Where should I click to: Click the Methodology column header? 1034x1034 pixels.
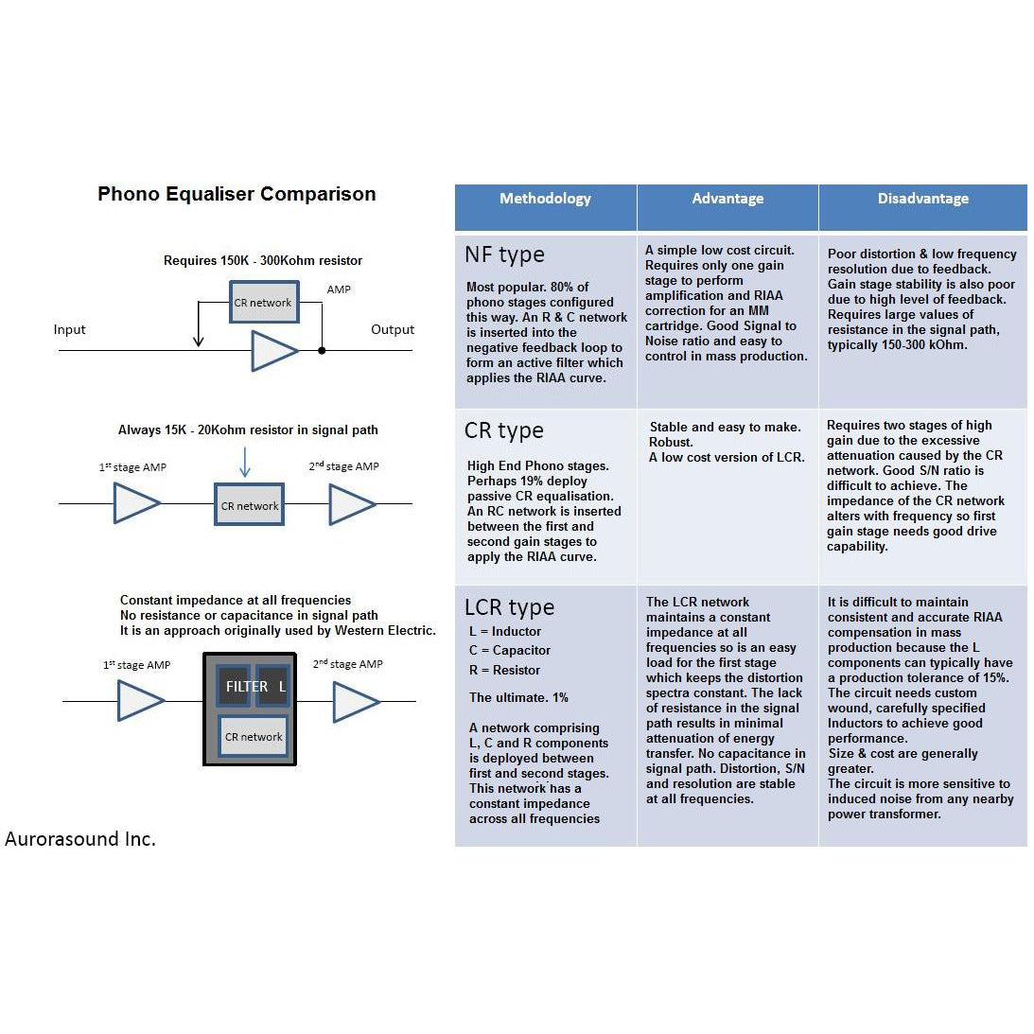(545, 199)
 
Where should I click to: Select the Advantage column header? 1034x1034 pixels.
(727, 199)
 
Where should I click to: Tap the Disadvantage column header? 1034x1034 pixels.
(922, 199)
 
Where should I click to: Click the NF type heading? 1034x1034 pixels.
(504, 254)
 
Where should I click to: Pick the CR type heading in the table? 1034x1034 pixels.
(504, 430)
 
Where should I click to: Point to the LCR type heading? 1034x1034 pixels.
(509, 607)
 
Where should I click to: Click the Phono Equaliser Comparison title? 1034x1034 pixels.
(237, 194)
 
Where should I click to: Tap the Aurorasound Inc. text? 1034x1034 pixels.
(80, 839)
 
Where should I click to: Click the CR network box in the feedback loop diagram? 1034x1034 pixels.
(264, 302)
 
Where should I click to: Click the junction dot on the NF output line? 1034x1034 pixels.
(322, 350)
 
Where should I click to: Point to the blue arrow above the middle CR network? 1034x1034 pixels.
(245, 462)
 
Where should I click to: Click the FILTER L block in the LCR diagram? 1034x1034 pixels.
(254, 686)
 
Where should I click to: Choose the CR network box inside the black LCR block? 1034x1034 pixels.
(254, 737)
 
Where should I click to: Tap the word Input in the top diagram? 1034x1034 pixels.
(69, 330)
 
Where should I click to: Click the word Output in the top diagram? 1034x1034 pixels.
(393, 330)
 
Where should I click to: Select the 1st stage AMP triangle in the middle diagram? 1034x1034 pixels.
(136, 503)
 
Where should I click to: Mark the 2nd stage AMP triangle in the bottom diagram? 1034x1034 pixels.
(356, 702)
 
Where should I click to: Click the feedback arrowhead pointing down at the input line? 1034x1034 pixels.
(198, 342)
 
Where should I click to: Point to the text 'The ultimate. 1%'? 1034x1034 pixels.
(518, 697)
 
